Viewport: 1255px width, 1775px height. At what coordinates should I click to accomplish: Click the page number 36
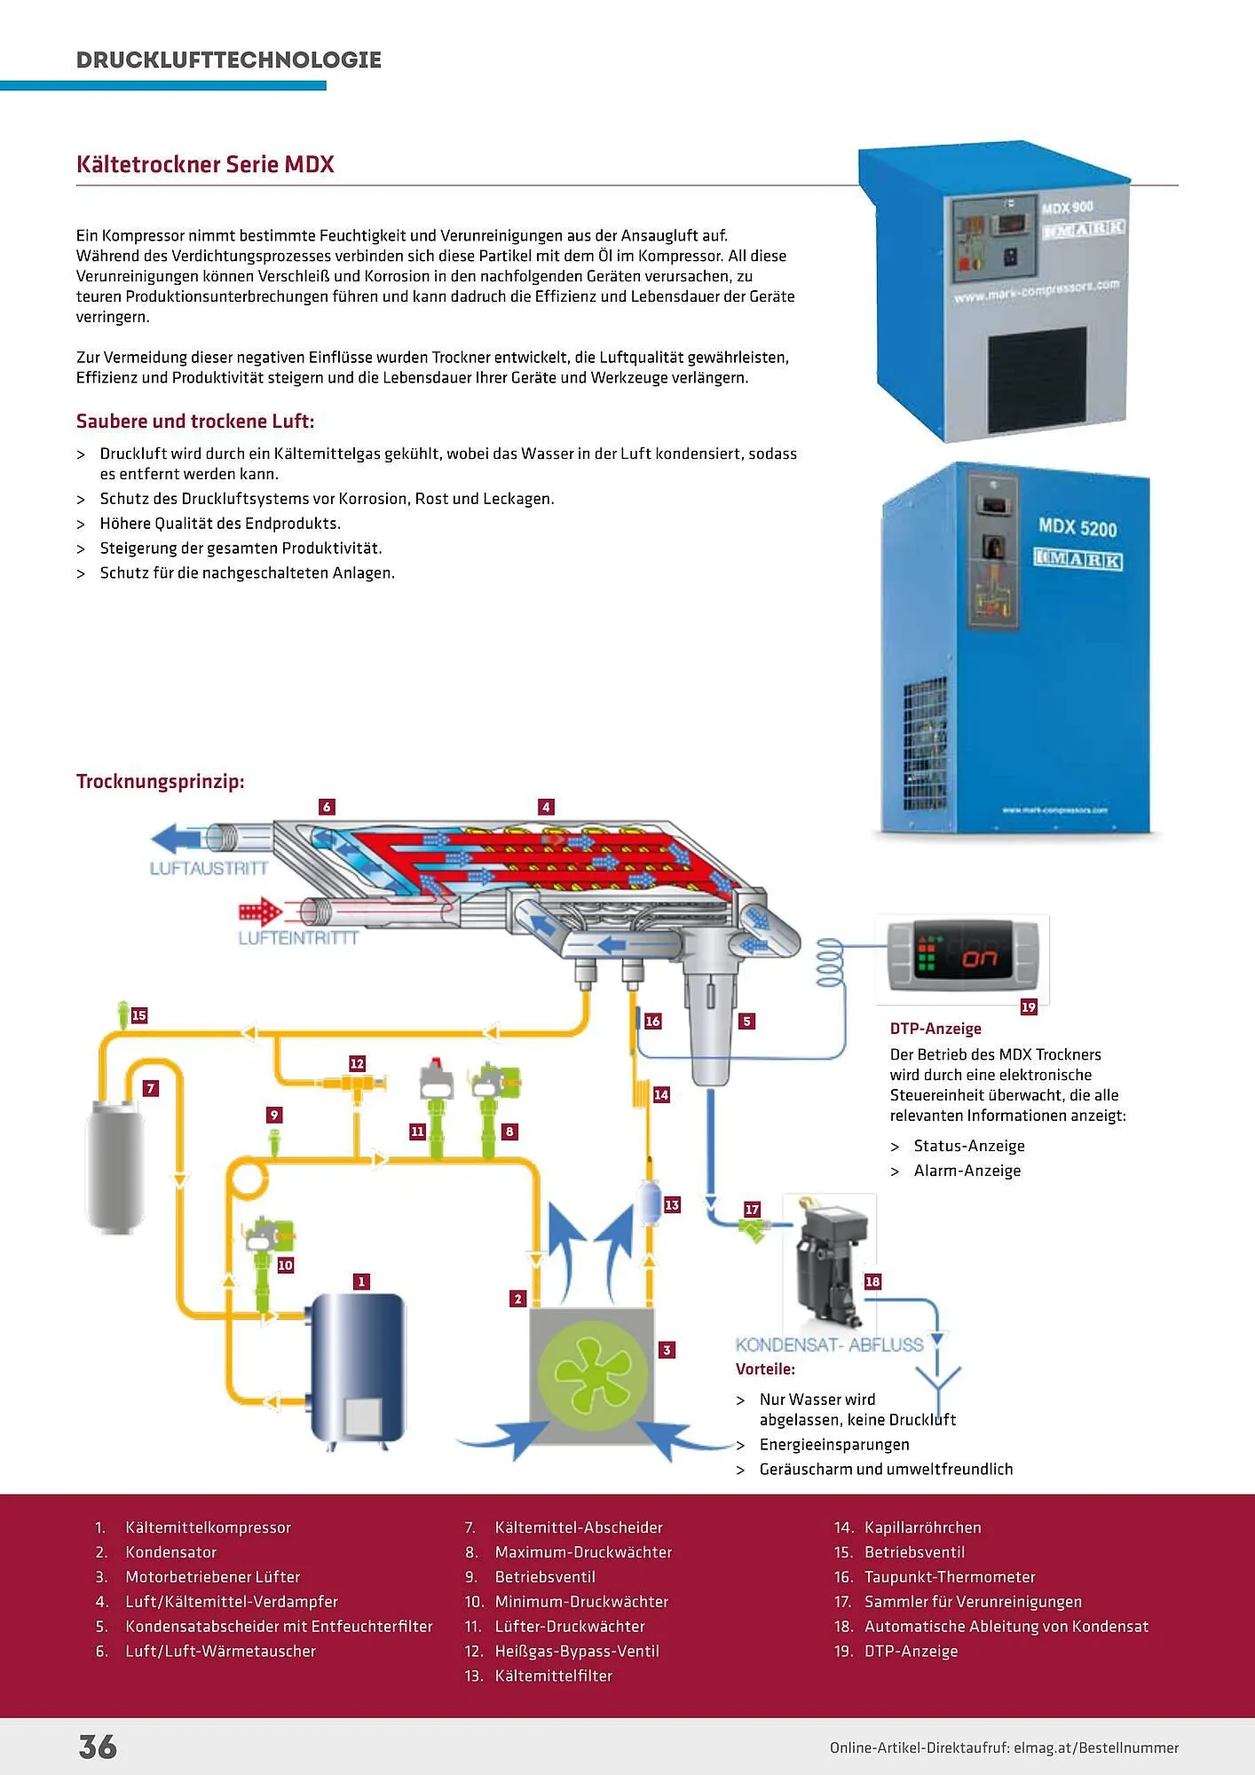point(98,1747)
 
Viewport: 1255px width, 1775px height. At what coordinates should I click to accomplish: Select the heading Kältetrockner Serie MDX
point(205,165)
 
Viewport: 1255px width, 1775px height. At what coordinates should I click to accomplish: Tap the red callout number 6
point(327,807)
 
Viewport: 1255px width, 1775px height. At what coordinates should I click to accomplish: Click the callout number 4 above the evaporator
point(546,807)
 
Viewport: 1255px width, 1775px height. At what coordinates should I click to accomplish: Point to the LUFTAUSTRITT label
point(209,869)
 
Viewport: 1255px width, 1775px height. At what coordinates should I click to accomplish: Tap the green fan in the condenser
point(593,1372)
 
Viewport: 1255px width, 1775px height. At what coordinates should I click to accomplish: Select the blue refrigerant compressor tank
point(356,1367)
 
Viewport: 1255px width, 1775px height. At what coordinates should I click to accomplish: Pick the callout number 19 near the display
point(1029,1007)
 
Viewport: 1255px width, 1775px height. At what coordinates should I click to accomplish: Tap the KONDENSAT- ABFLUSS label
point(829,1345)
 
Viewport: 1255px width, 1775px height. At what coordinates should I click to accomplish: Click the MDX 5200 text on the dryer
point(1077,527)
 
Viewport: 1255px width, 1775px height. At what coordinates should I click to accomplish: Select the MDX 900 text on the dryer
point(1067,208)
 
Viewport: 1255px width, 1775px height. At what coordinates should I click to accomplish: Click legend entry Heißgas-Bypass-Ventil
point(577,1651)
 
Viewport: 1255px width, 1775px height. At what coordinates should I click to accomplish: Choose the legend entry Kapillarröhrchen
point(922,1527)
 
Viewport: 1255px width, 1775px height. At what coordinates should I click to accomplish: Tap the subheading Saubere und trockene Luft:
point(195,422)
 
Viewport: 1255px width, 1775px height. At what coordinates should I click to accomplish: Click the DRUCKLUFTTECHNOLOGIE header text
point(229,60)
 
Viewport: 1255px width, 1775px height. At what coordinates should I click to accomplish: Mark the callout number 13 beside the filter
point(672,1204)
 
